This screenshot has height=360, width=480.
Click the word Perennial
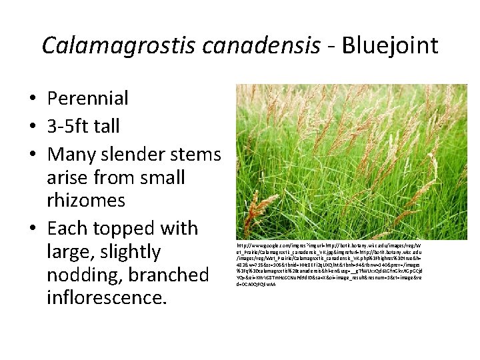(87, 99)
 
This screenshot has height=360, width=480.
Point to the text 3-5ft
(71, 126)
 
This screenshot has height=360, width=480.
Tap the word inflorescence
(106, 297)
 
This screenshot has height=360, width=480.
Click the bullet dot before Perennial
(32, 99)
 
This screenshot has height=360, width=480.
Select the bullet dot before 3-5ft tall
(32, 127)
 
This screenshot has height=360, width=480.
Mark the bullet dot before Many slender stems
(32, 155)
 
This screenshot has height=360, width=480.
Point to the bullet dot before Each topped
(32, 229)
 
